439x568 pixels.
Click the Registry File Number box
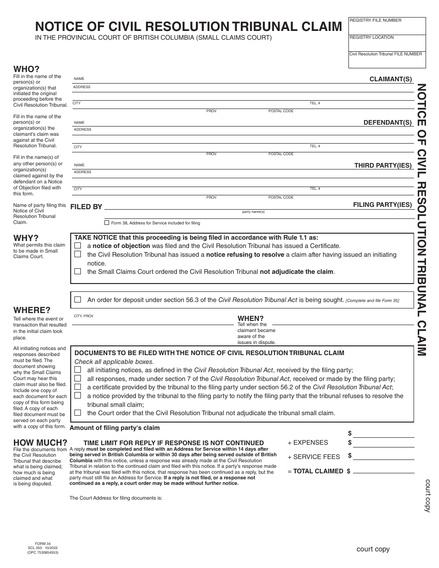click(387, 26)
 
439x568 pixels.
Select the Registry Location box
click(387, 43)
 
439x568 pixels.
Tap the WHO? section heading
click(26, 69)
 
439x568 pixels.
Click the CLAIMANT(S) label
click(390, 79)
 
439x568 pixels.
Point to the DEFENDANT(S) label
click(387, 123)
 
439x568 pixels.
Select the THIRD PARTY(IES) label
click(383, 165)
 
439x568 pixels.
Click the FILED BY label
click(86, 207)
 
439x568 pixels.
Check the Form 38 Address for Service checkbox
click(107, 223)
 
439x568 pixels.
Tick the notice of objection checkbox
click(78, 246)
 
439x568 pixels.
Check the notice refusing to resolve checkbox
click(78, 254)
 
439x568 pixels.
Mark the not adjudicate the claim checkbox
click(78, 272)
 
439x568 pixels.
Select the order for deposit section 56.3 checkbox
click(78, 300)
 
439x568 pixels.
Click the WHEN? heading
click(250, 319)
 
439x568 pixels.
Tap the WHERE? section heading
click(32, 310)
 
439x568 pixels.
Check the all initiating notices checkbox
click(78, 370)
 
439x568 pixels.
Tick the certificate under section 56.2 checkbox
click(78, 387)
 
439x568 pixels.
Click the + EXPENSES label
click(308, 442)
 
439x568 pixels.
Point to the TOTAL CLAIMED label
click(315, 471)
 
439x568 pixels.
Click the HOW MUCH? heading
click(40, 442)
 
